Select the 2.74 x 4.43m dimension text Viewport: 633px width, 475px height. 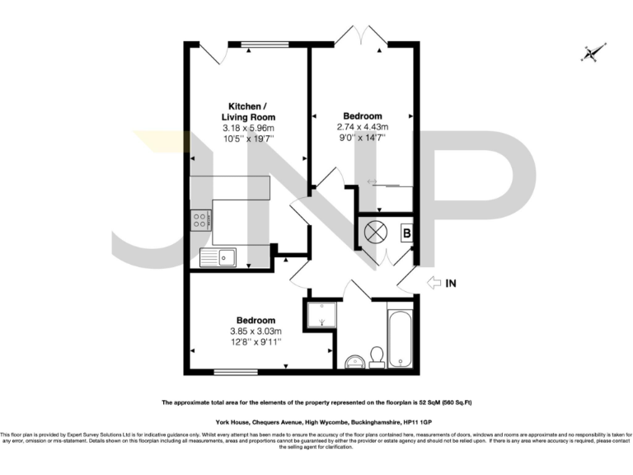(362, 127)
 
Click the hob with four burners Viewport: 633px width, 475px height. (201, 220)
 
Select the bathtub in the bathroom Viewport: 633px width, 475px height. (400, 338)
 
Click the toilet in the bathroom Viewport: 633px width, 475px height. (376, 355)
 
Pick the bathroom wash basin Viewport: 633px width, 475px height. (355, 360)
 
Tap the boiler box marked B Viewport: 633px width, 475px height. (406, 233)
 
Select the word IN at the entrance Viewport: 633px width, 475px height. (451, 284)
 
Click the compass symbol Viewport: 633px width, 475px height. (590, 54)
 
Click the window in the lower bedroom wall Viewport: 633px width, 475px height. (235, 373)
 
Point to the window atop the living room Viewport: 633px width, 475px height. (265, 43)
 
